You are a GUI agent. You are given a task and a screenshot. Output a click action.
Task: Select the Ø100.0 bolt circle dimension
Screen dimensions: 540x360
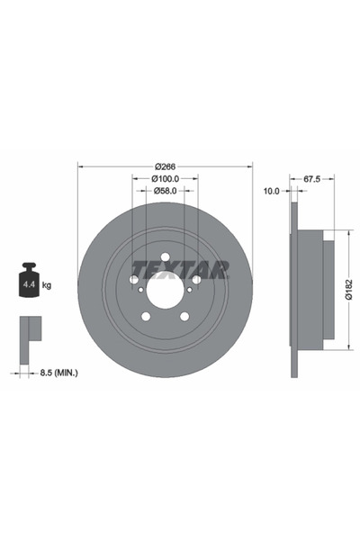coord(166,178)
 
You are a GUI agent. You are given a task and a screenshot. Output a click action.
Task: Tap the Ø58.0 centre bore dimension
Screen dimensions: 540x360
coord(166,191)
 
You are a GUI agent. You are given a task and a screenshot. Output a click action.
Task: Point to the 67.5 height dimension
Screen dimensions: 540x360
coord(312,179)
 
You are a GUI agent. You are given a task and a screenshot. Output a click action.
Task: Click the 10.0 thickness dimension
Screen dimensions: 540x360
coord(270,191)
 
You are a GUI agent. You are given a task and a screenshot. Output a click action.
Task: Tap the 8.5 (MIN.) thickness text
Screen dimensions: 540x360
coord(60,371)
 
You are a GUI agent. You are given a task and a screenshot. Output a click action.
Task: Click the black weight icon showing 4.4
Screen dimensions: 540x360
coord(27,283)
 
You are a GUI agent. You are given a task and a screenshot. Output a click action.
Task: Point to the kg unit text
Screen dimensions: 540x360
coord(48,285)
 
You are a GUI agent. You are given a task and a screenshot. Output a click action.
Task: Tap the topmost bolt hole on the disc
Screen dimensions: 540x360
coord(166,256)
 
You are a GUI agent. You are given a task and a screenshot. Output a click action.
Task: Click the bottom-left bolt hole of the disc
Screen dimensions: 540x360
coord(147,316)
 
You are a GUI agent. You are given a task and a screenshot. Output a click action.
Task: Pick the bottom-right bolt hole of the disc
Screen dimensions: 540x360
coord(184,316)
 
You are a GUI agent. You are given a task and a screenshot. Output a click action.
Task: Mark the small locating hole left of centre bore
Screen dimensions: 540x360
coord(139,289)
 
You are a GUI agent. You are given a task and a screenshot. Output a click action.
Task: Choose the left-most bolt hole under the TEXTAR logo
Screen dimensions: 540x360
coord(134,280)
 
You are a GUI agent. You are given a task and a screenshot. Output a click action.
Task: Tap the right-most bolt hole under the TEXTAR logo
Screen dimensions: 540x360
coord(196,280)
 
